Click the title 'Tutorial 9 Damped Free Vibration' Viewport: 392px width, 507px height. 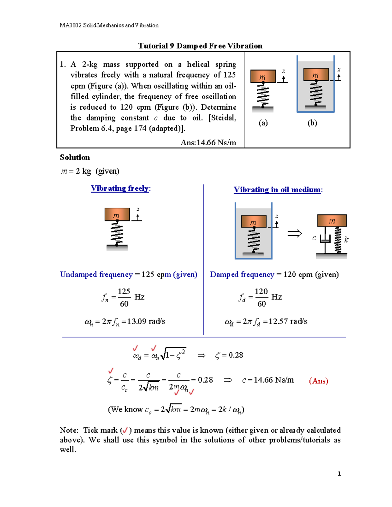click(x=200, y=46)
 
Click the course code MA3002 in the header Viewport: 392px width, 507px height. click(x=71, y=25)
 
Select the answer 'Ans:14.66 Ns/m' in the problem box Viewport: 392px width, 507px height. click(x=208, y=143)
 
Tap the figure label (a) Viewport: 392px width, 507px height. click(x=263, y=123)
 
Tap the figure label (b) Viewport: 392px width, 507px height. click(x=312, y=123)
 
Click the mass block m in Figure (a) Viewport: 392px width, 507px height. click(x=263, y=76)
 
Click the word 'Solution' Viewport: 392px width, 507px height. click(x=75, y=157)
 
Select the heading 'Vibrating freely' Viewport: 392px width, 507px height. click(x=120, y=188)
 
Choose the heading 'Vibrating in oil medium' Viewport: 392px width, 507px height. click(x=277, y=190)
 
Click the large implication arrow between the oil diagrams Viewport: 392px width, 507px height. click(x=294, y=233)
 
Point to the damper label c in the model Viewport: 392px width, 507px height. click(x=314, y=238)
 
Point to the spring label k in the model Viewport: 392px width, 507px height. click(x=346, y=240)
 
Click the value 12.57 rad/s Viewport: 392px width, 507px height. click(x=287, y=322)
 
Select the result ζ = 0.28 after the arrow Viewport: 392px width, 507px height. click(x=229, y=355)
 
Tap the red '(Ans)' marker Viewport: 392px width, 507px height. click(x=318, y=381)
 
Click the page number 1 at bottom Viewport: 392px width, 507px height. click(x=339, y=474)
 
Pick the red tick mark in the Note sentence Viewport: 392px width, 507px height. click(x=125, y=431)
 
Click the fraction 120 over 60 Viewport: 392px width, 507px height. click(x=261, y=297)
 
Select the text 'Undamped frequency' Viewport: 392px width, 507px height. click(x=96, y=275)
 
